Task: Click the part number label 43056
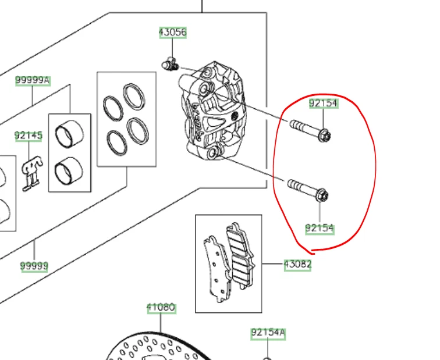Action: pos(173,33)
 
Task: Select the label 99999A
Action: pos(33,81)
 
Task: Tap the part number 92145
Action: pos(29,136)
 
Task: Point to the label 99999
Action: pos(34,266)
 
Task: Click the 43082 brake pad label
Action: pos(297,265)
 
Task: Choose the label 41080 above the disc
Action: pos(161,308)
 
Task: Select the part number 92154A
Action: pos(268,333)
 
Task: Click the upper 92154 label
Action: pos(323,104)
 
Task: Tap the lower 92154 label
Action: pos(320,229)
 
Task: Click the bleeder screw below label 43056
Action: pos(170,64)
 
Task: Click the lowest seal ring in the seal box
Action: pos(116,140)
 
